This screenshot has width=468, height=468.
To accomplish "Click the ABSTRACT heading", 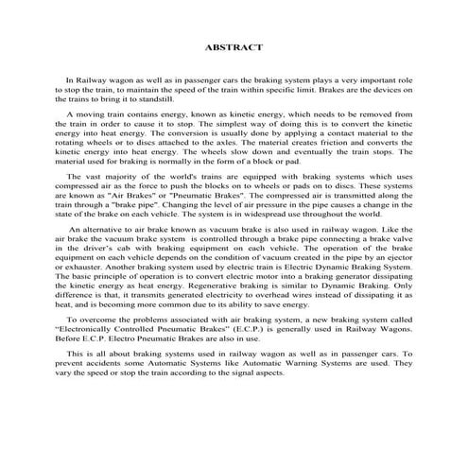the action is click(x=233, y=46).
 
